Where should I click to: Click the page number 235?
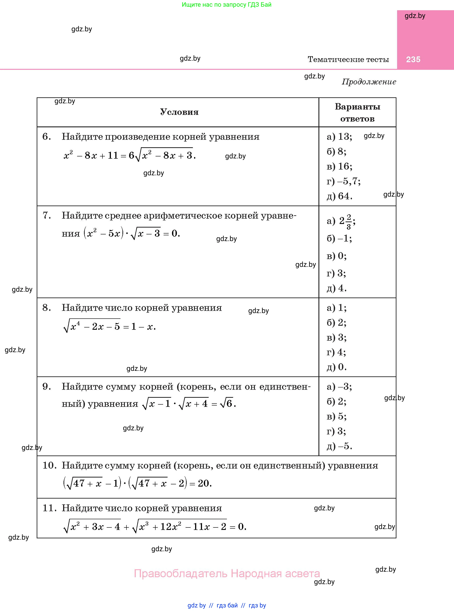413,59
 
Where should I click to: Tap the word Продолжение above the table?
369,82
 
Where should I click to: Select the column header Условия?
179,112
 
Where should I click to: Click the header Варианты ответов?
357,112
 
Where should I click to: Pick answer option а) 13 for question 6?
339,137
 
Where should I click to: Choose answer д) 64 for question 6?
339,196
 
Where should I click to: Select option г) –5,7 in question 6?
344,181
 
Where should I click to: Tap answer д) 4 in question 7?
337,288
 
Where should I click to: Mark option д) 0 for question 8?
337,367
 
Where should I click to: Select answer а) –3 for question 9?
339,387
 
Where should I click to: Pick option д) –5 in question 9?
339,446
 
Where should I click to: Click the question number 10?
49,465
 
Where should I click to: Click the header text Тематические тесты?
348,59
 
